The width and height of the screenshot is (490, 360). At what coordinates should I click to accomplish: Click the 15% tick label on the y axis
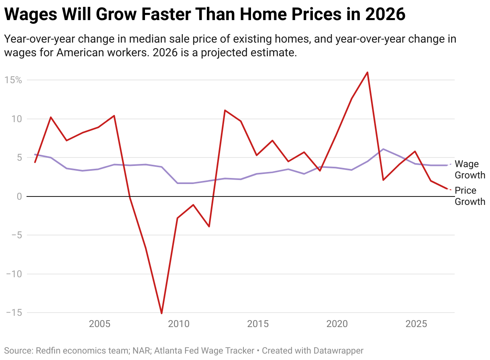click(x=13, y=80)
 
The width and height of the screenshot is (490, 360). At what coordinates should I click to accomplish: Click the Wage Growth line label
click(x=470, y=170)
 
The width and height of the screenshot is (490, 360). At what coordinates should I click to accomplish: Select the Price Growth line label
click(x=470, y=196)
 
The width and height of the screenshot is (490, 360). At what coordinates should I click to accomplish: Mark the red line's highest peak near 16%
click(x=367, y=72)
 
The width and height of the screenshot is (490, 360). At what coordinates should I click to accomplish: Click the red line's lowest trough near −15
click(x=161, y=313)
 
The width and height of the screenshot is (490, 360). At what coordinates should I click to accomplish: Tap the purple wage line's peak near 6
click(x=383, y=149)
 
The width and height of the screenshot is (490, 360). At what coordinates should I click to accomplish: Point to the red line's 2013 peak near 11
click(x=225, y=110)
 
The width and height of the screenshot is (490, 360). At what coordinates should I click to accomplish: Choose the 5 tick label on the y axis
click(x=18, y=157)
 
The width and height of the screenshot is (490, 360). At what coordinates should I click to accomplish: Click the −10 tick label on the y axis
click(x=13, y=274)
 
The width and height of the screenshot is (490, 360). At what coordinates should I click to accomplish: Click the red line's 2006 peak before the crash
click(x=114, y=116)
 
